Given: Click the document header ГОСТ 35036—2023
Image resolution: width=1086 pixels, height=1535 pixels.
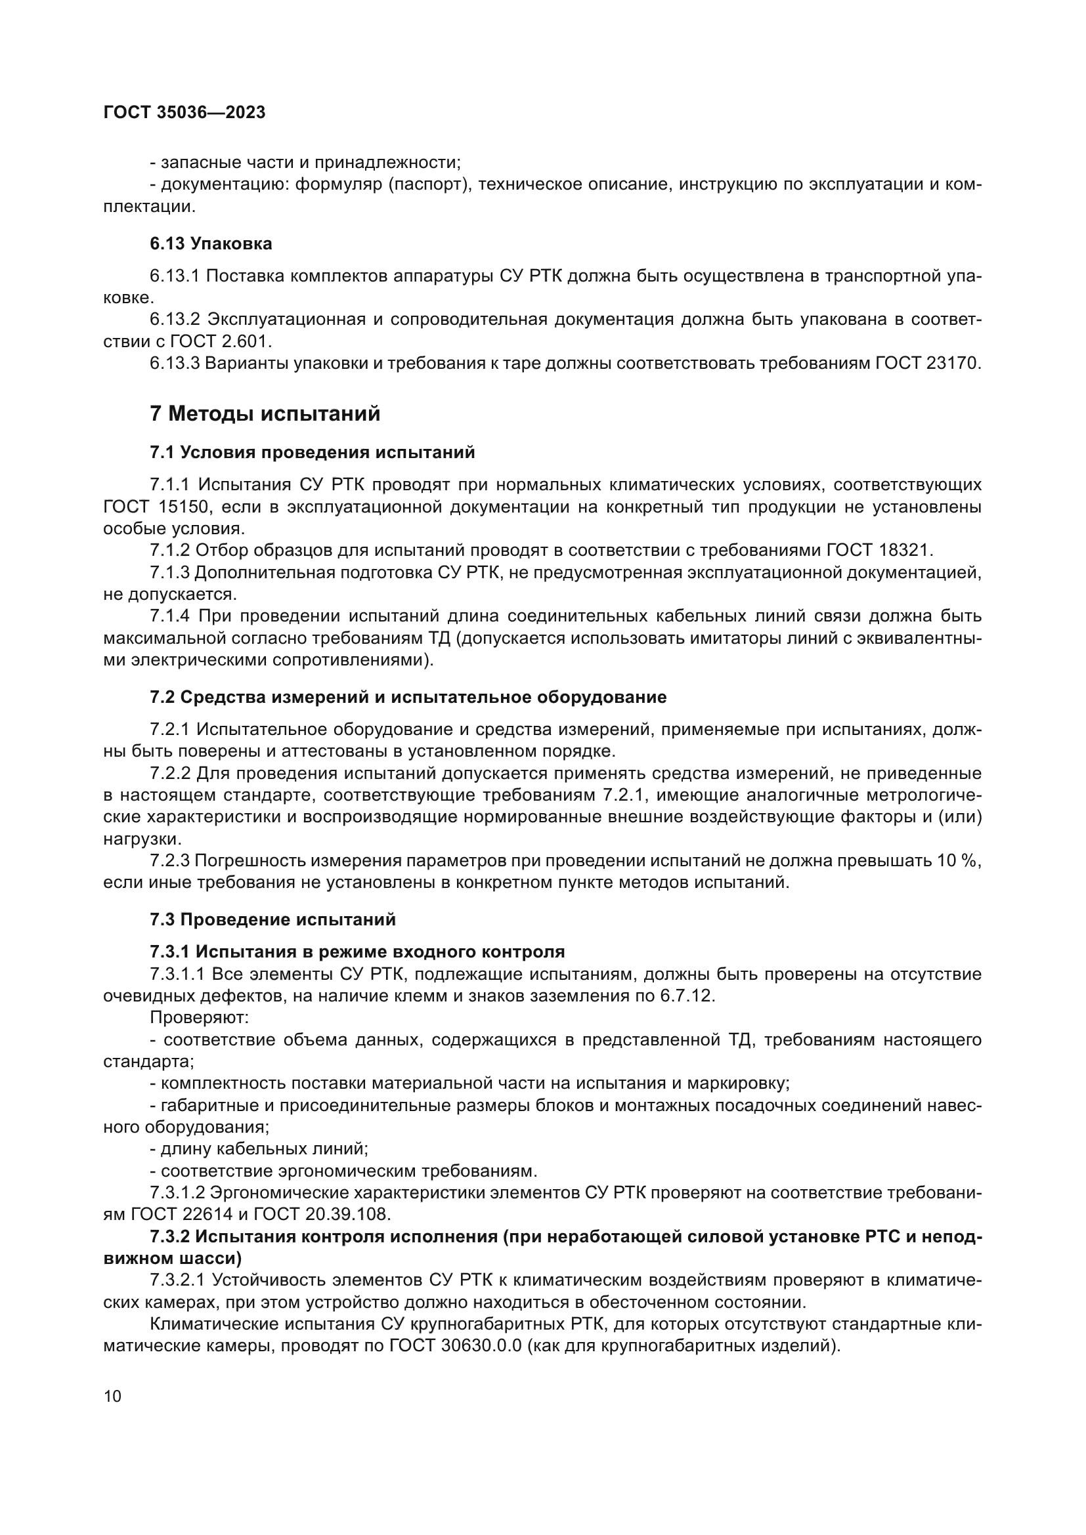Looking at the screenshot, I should click(x=185, y=112).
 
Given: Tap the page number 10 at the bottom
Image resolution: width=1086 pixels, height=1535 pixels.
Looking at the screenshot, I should click(x=113, y=1397).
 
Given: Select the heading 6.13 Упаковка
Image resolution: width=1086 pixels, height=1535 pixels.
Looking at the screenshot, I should click(x=211, y=243).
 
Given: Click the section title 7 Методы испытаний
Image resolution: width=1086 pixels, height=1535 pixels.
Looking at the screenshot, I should click(x=265, y=414).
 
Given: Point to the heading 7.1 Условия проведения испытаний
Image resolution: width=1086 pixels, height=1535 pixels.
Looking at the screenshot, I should click(x=313, y=453).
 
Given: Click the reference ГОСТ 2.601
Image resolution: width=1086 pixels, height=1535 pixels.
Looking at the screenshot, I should click(x=219, y=342).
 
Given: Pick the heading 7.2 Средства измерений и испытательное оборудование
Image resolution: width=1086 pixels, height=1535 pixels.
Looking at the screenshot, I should click(x=408, y=698).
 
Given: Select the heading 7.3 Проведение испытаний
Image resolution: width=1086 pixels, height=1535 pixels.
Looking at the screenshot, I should click(x=273, y=919).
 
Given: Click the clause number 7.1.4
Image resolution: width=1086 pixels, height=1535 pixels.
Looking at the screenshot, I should click(x=170, y=616).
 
